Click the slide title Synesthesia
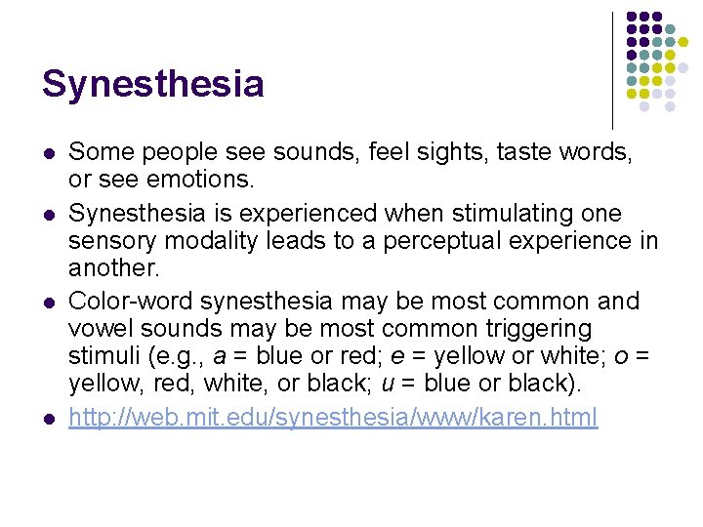[152, 85]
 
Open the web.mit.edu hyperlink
[333, 420]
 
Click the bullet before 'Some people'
[49, 153]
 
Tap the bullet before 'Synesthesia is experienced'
[49, 213]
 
